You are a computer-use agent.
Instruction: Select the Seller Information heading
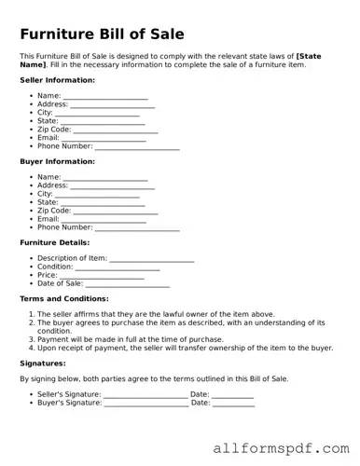57,81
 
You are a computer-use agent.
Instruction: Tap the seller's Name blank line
105,96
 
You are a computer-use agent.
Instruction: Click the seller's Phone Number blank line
137,146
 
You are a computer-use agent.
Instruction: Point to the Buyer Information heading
57,161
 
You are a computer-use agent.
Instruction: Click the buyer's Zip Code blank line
116,211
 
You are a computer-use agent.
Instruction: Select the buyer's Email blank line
104,219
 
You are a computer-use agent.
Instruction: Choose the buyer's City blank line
97,194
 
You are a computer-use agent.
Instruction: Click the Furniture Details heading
55,242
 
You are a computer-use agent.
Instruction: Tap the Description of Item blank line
152,258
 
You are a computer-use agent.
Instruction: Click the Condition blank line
118,267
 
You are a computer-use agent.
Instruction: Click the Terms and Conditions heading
64,298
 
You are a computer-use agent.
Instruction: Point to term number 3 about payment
130,339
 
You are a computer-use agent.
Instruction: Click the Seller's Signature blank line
145,395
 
